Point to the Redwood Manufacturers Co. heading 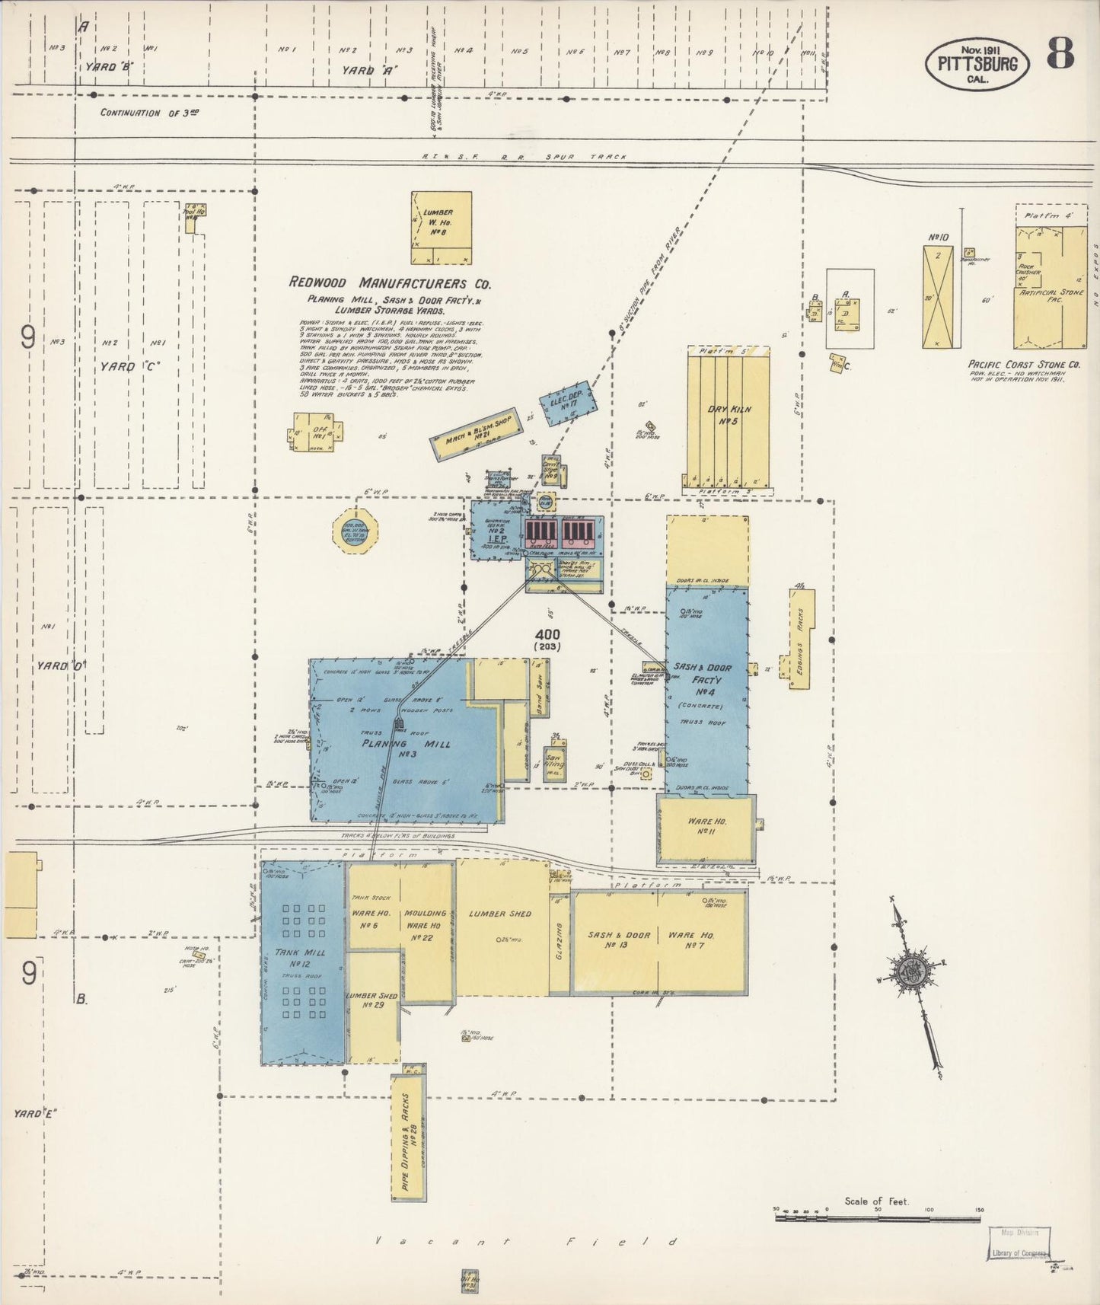click(389, 282)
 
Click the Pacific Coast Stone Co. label click(1025, 365)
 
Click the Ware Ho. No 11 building click(706, 828)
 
